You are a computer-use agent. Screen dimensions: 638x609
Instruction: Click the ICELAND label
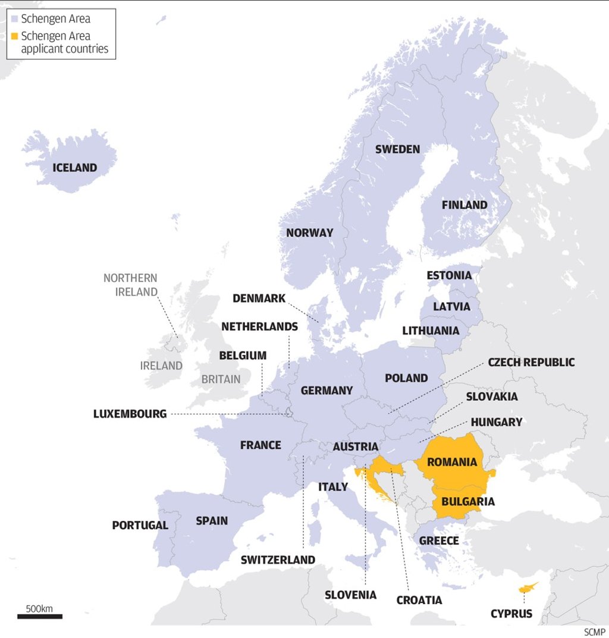[74, 168]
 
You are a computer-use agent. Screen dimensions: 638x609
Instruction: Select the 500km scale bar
[40, 616]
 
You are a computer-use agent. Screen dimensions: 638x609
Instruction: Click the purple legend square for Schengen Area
[14, 19]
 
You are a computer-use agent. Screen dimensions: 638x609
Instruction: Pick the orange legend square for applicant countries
[14, 36]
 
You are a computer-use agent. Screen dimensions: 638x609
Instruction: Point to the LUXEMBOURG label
[130, 414]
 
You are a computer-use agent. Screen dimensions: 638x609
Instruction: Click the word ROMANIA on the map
[452, 462]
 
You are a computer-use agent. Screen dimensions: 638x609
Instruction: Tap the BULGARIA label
[468, 501]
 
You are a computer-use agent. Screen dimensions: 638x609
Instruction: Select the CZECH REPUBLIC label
[531, 362]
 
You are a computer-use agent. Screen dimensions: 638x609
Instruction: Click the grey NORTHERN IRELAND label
[130, 285]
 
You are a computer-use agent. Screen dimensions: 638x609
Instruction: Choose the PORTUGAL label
[140, 526]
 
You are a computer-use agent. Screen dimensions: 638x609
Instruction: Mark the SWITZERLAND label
[278, 560]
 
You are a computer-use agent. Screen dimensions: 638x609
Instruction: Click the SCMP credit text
[594, 631]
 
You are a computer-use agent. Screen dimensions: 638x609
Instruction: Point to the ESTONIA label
[449, 275]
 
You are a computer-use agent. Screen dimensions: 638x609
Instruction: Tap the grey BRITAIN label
[221, 379]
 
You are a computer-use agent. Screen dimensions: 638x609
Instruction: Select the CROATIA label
[419, 600]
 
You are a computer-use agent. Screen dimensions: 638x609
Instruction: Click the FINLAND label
[464, 205]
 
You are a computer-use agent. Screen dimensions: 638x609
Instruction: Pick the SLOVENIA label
[350, 595]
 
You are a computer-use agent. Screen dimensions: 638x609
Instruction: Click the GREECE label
[439, 540]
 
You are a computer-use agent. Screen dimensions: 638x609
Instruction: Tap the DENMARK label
[259, 298]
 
